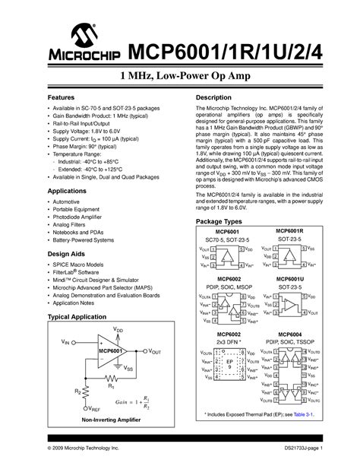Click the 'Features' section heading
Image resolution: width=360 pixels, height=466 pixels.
(62, 99)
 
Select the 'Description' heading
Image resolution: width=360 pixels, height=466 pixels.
(213, 99)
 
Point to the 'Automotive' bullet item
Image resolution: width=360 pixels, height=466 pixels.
(69, 202)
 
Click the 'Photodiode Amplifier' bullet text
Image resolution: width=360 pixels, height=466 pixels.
(83, 217)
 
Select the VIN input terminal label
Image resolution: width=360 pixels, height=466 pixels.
(65, 343)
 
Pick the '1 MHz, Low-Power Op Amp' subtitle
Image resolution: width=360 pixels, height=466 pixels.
(179, 77)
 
